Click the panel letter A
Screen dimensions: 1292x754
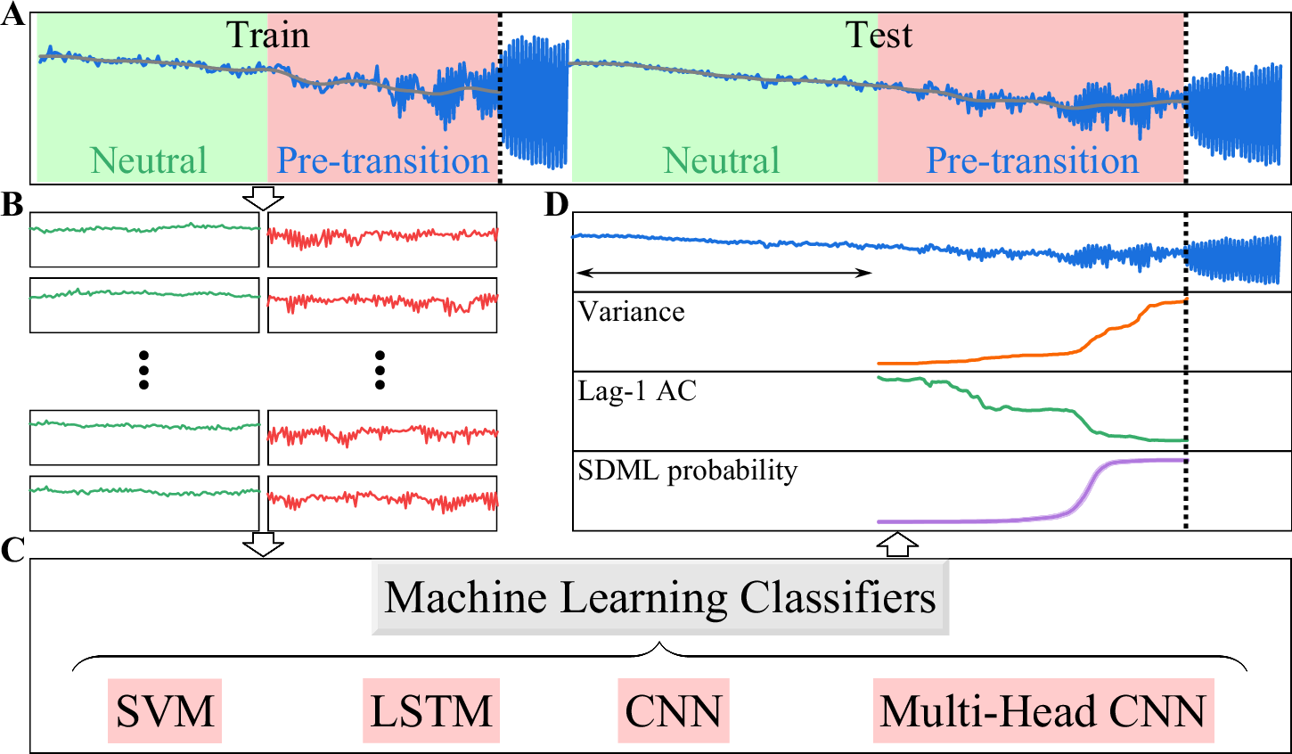pos(12,16)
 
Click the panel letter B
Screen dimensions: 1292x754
pos(12,206)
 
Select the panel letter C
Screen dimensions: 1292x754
pos(12,550)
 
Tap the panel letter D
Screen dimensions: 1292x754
pos(556,206)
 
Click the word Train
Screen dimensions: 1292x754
pos(267,36)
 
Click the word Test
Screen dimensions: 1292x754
pos(879,36)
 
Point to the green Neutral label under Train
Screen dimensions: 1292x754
pos(149,160)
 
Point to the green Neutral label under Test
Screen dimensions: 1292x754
pos(722,160)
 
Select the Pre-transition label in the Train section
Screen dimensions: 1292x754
pos(383,160)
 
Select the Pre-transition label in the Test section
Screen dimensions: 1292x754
pos(1033,160)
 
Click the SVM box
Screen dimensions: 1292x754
pos(165,711)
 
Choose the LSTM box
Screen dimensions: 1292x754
pos(431,711)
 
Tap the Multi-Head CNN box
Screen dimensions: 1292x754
pos(1043,711)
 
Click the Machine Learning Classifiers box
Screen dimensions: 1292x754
pos(660,598)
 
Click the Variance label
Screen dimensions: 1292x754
pos(632,312)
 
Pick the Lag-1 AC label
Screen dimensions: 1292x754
pos(637,391)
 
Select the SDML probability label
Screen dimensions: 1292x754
pos(687,471)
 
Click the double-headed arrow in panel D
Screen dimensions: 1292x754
pos(724,272)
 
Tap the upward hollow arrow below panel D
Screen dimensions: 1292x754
pos(898,545)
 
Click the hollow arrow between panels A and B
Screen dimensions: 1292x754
pos(264,198)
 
